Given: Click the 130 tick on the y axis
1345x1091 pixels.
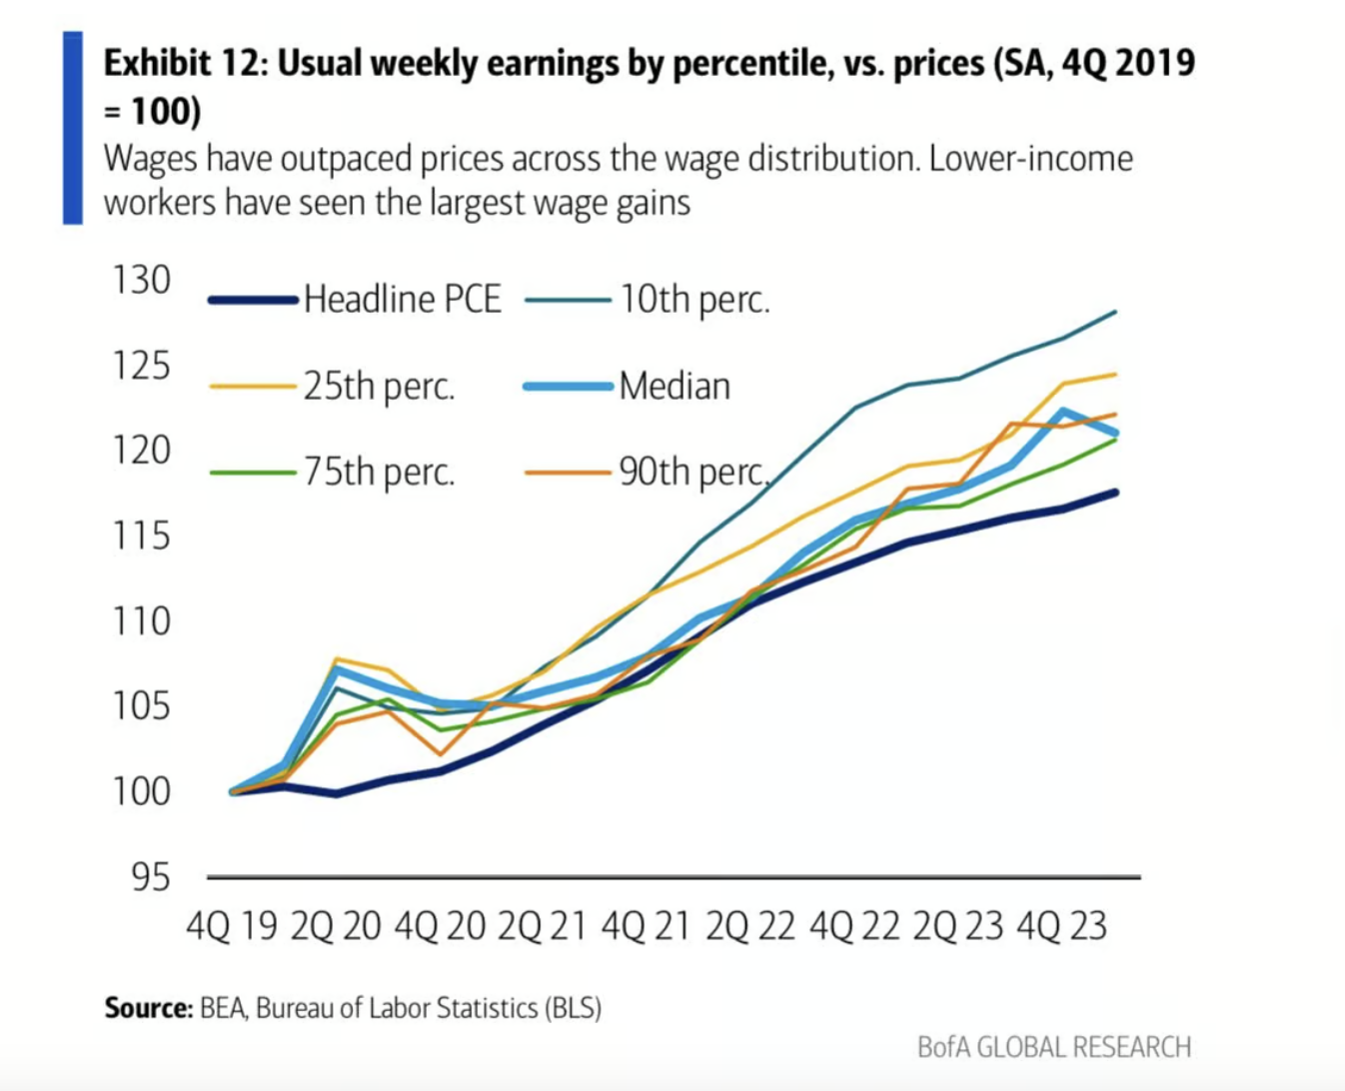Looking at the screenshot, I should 141,281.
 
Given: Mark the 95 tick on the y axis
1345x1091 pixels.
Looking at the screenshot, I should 151,877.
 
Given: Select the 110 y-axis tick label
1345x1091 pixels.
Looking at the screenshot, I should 141,621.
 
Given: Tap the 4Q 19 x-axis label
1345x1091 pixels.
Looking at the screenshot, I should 232,927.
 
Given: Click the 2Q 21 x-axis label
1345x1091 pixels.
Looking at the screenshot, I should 543,927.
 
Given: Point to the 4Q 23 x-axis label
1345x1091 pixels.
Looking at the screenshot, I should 1061,927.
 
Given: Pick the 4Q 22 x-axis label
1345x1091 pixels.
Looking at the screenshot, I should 854,927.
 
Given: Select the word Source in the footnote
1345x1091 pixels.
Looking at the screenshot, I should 147,1007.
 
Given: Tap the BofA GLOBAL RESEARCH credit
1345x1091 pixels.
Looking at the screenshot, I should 1054,1047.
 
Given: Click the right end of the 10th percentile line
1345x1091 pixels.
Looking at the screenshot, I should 1114,313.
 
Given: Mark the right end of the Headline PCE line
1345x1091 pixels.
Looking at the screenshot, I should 1114,493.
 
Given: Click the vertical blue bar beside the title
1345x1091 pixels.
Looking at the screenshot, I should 73,127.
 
